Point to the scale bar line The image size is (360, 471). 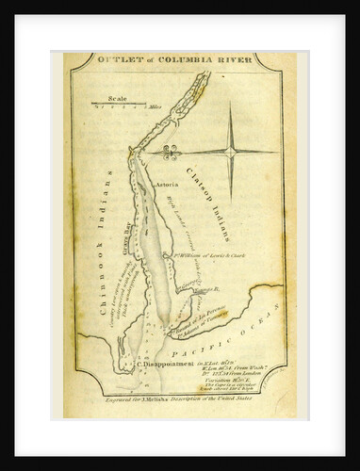(117, 102)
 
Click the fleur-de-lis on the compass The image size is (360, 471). (170, 152)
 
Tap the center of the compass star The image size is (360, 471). (231, 151)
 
